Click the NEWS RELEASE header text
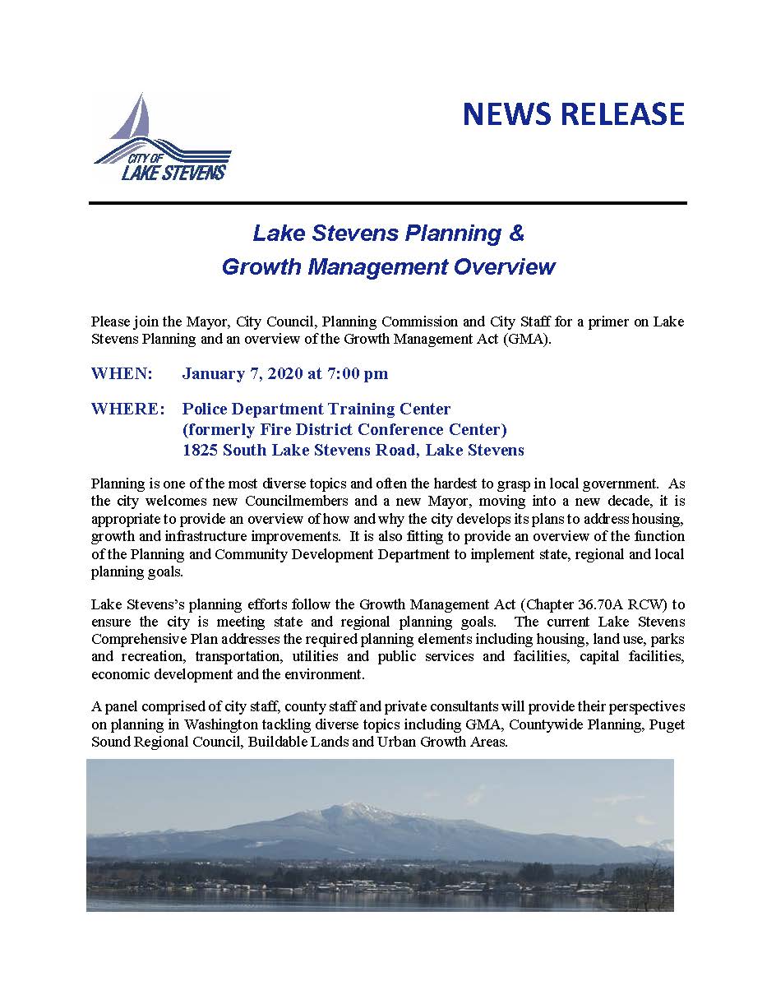(x=573, y=113)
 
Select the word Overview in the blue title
(x=506, y=267)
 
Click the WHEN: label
(x=122, y=374)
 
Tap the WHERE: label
(x=127, y=409)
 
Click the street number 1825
(x=201, y=450)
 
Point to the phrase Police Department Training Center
(x=316, y=409)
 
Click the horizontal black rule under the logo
(x=387, y=202)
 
